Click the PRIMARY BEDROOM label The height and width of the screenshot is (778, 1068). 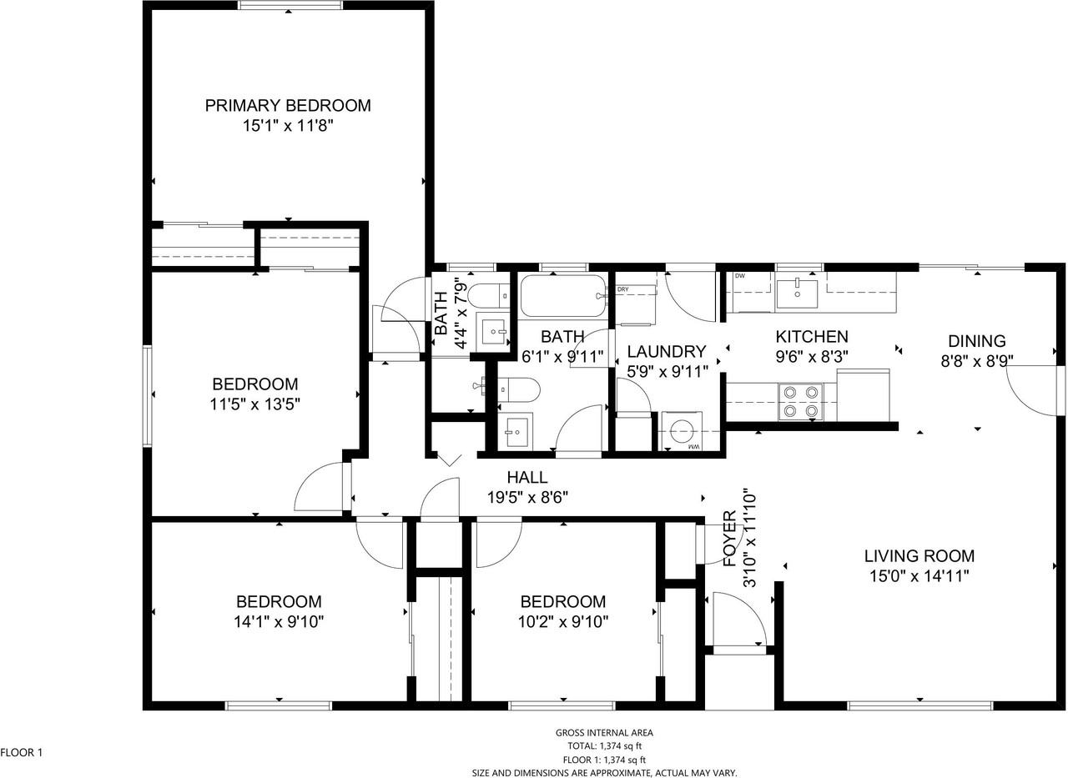(x=288, y=105)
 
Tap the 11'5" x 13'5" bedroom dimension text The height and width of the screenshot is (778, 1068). (x=255, y=404)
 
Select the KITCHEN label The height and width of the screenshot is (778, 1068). (x=812, y=337)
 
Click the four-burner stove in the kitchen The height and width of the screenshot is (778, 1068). (x=801, y=401)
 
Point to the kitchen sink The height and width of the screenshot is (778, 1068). (x=797, y=294)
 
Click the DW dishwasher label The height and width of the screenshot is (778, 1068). (x=740, y=276)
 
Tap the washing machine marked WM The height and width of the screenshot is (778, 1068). (x=682, y=431)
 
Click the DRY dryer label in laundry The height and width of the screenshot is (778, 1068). (x=622, y=289)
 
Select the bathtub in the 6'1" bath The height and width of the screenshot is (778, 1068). (x=563, y=296)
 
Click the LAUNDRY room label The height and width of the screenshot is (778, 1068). (x=666, y=352)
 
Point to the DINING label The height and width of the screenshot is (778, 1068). (x=977, y=341)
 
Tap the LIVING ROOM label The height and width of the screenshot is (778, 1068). (x=919, y=556)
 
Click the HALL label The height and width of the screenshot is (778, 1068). (x=526, y=477)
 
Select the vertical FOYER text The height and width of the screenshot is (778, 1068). (x=729, y=539)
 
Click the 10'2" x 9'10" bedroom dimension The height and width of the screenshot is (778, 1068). (x=563, y=622)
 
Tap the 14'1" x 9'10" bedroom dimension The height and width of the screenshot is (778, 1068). (x=279, y=622)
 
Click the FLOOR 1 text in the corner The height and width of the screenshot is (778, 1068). (x=22, y=753)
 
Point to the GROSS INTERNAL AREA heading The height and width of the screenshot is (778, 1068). (x=604, y=733)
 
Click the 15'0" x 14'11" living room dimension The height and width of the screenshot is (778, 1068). (x=919, y=576)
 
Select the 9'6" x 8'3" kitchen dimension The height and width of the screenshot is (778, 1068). (x=812, y=357)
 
